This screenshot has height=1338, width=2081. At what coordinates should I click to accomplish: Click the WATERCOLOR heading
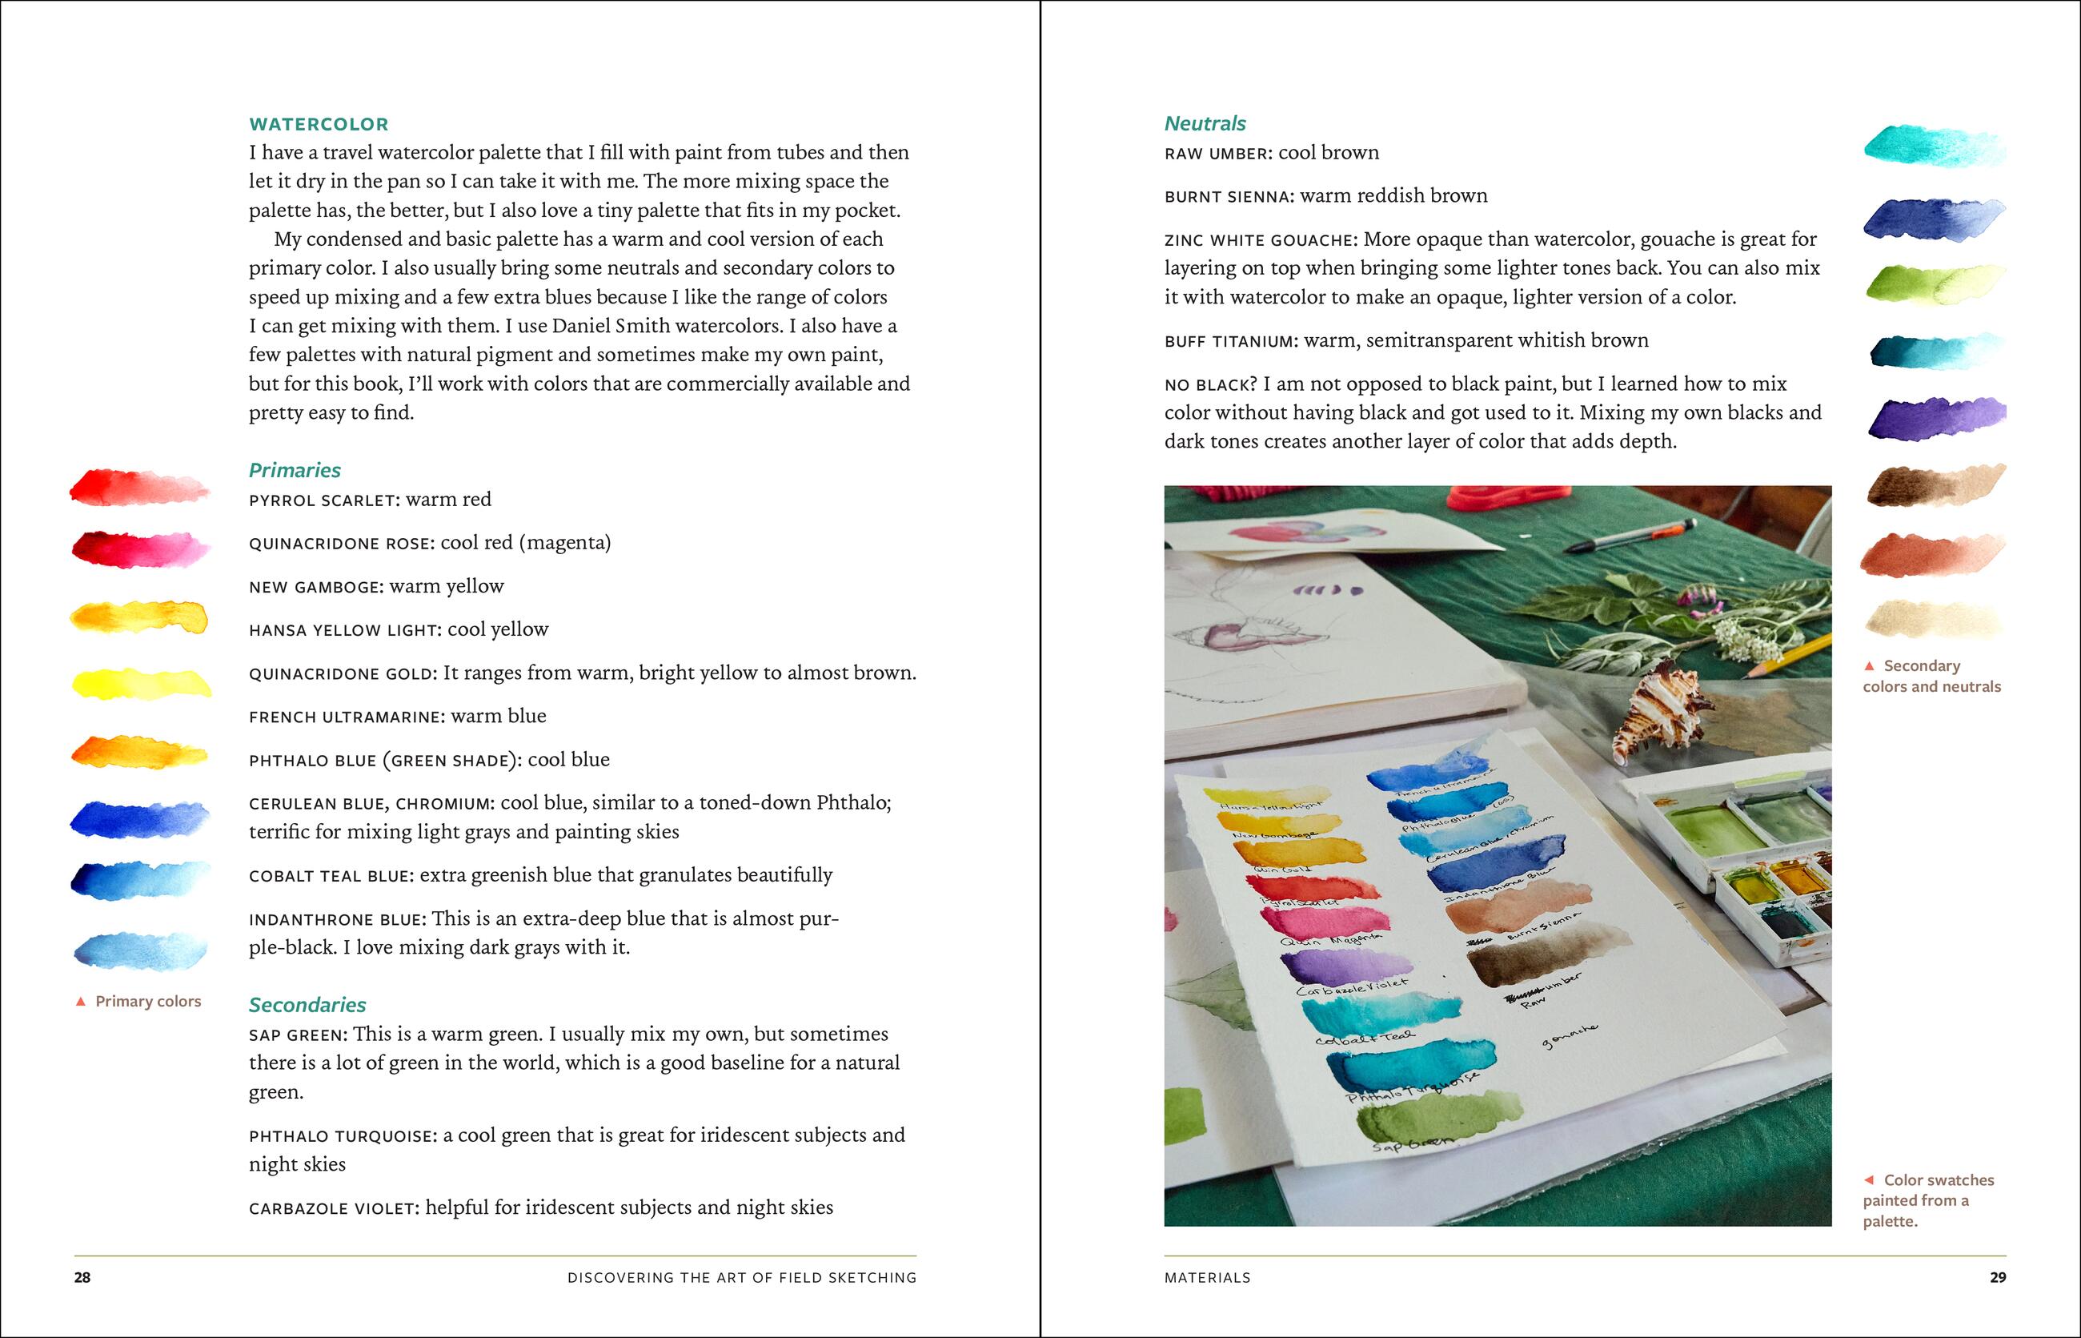[319, 124]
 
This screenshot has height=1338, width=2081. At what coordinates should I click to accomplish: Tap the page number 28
[82, 1277]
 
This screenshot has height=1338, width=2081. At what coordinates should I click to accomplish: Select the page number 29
[1998, 1277]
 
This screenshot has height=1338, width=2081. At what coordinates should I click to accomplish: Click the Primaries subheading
[295, 470]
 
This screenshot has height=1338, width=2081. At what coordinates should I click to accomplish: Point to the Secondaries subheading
[307, 1004]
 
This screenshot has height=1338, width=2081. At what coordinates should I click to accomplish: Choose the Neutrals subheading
[1205, 123]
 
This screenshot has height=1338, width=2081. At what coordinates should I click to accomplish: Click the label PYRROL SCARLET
[323, 500]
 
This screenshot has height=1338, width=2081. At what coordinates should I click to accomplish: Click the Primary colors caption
[147, 1001]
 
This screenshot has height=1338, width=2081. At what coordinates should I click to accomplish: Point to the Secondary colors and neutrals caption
[1931, 676]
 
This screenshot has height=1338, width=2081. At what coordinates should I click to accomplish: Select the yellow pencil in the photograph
[1789, 656]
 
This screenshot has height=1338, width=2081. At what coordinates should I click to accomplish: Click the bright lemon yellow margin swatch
[141, 683]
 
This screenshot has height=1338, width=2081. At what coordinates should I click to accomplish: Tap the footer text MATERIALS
[1207, 1277]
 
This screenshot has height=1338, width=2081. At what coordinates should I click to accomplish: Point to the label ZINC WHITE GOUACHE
[1259, 239]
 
